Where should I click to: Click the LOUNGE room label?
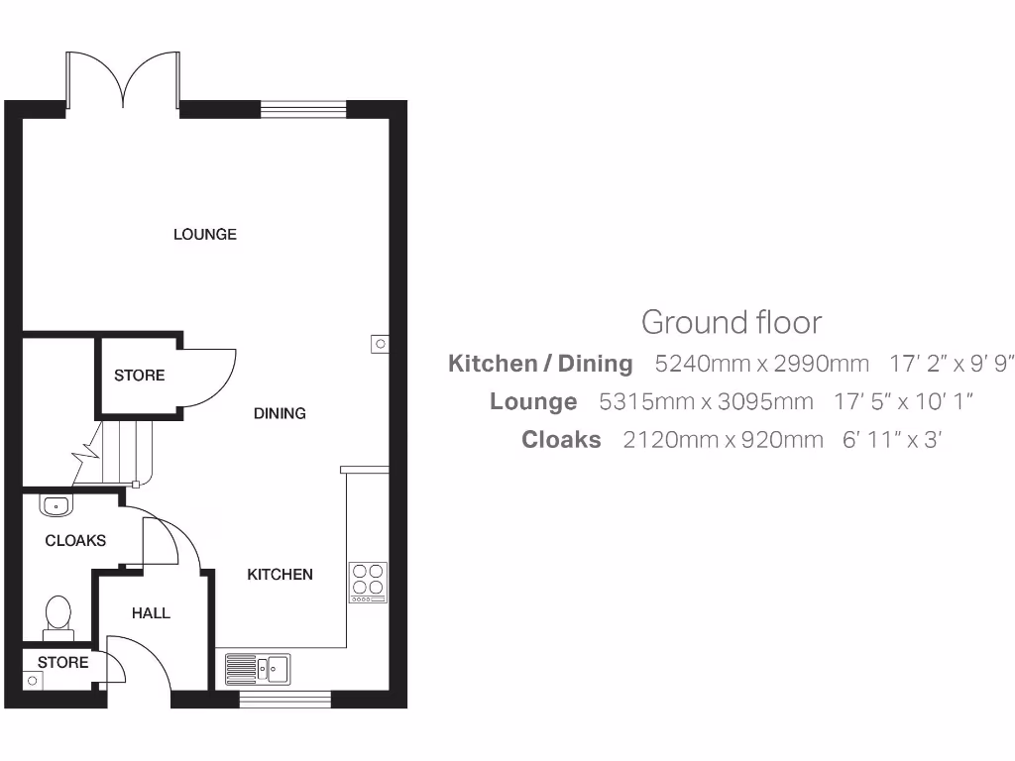coord(205,235)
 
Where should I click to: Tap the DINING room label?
coord(280,413)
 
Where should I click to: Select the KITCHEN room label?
coord(280,575)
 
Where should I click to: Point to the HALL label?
coord(151,613)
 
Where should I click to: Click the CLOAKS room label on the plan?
coord(75,541)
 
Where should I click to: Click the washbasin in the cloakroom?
coord(56,505)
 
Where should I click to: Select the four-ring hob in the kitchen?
coord(368,582)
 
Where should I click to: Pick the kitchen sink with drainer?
coord(257,669)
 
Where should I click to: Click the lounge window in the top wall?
coord(303,108)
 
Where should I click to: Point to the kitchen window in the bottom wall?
coord(284,700)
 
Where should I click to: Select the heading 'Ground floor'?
coord(732,322)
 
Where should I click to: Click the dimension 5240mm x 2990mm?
coord(761,364)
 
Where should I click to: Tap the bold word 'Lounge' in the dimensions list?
coord(533,401)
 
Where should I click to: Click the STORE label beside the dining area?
coord(139,376)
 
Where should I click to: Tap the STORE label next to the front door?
coord(63,662)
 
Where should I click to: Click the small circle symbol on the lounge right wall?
coord(379,345)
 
